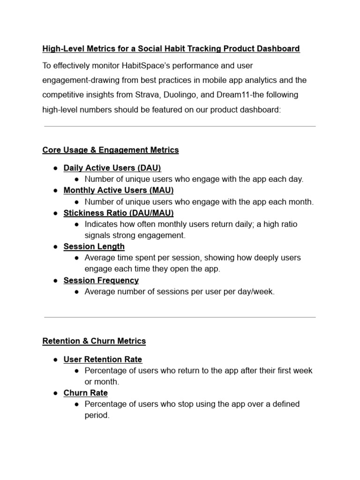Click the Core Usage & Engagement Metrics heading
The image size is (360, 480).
click(x=111, y=150)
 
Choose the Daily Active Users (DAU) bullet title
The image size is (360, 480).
click(x=112, y=168)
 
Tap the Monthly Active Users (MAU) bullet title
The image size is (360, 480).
click(x=119, y=190)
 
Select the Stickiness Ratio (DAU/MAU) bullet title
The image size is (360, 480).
click(x=119, y=213)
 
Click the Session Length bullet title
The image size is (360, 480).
click(x=94, y=247)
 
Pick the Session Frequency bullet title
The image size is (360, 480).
click(x=101, y=280)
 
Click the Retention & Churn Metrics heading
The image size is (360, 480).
click(x=94, y=341)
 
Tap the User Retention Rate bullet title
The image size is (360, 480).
click(x=103, y=359)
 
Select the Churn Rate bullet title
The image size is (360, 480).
click(x=86, y=393)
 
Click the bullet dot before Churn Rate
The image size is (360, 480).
click(x=55, y=393)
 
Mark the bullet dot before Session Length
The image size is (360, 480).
click(x=55, y=247)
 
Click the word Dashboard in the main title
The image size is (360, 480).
click(x=280, y=49)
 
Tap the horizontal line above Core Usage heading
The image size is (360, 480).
click(x=180, y=126)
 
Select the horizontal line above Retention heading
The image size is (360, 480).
click(x=180, y=317)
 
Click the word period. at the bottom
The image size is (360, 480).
click(x=97, y=415)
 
